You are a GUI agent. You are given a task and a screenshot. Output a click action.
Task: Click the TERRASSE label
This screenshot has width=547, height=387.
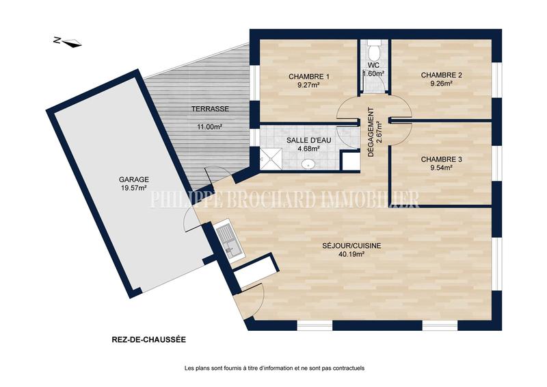[210, 109]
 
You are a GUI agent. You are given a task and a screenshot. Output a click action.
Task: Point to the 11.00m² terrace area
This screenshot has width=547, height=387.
[210, 127]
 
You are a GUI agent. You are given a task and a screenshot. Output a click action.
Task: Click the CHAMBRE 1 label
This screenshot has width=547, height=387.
[309, 76]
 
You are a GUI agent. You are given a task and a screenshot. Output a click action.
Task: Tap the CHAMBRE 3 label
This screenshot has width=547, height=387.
[442, 160]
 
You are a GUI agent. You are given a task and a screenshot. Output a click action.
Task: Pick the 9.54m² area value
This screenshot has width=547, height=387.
[442, 168]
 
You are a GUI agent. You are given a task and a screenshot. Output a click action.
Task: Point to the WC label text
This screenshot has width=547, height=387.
[373, 66]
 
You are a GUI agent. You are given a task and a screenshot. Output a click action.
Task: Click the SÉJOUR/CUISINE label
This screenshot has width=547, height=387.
[352, 245]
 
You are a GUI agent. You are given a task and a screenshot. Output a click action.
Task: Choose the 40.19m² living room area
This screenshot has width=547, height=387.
[352, 254]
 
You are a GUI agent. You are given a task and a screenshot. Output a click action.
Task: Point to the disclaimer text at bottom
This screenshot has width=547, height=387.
[274, 369]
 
